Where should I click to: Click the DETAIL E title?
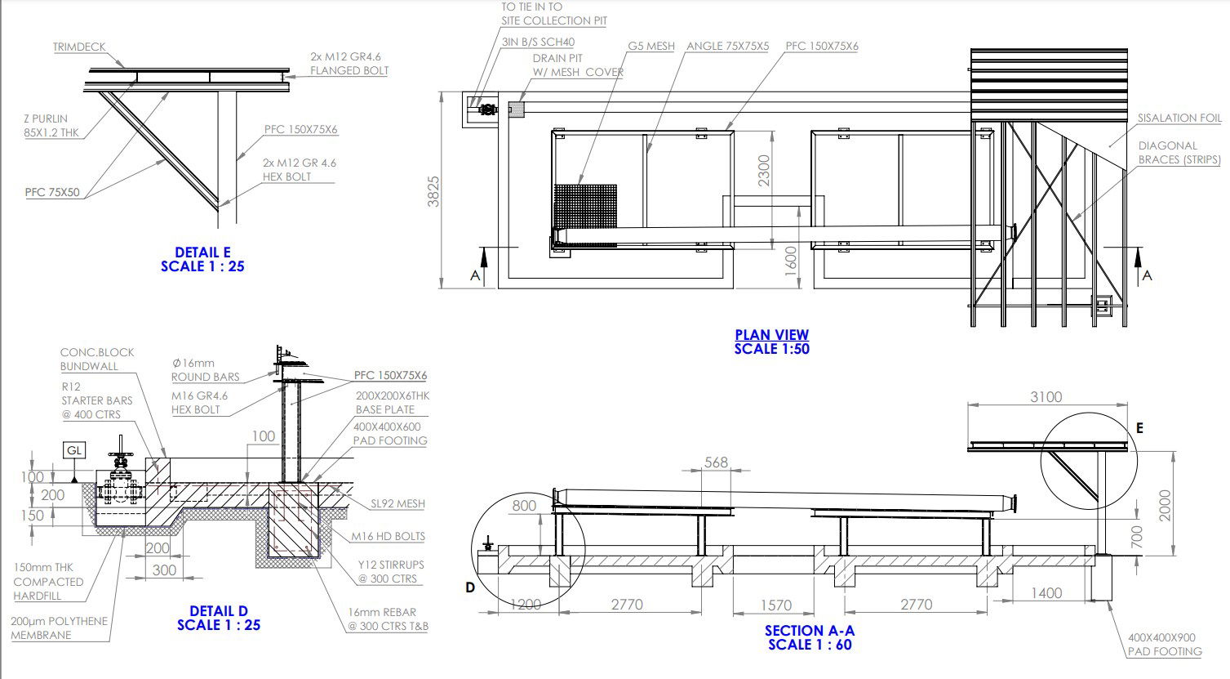click(202, 252)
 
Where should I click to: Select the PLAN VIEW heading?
click(771, 335)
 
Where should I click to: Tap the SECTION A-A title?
click(810, 631)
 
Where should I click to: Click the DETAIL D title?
click(219, 611)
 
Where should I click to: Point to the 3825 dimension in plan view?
click(433, 191)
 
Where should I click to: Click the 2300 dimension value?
click(764, 171)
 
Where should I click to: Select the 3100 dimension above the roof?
click(1046, 397)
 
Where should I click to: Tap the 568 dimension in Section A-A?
click(716, 462)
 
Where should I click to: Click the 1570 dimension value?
click(776, 605)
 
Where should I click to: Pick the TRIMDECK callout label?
click(79, 47)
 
